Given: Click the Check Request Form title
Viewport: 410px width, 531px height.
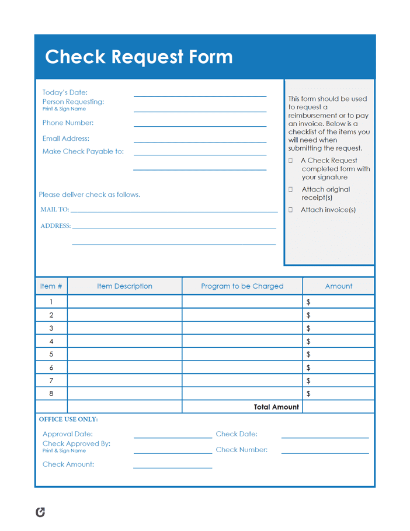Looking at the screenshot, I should click(139, 57).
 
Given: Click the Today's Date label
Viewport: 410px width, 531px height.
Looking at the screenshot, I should click(65, 92).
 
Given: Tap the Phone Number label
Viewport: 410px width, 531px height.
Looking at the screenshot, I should click(68, 123).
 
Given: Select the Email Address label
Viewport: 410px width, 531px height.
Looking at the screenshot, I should click(66, 138).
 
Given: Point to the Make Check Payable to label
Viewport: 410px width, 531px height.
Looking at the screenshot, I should click(83, 152).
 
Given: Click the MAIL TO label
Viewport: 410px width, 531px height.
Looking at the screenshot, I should click(54, 210).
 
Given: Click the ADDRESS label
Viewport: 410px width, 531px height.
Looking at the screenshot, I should click(55, 225).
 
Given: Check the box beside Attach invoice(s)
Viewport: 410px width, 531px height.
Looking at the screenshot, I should click(291, 210).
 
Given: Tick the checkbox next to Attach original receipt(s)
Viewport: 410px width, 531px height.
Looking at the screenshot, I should click(291, 189).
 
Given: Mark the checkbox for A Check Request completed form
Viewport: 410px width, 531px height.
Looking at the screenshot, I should click(291, 160).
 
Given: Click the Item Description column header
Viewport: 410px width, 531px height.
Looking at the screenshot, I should click(124, 286).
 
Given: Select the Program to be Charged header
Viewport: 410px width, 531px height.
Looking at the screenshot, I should click(242, 286).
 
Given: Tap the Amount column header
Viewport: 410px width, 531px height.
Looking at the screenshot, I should click(338, 286).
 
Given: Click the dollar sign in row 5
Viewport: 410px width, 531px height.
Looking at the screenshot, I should click(309, 354).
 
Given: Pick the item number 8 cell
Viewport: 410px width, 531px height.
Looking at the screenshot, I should click(51, 394).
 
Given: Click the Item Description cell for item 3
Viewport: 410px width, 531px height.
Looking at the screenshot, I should click(124, 328).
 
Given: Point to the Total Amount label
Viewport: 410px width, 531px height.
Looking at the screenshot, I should click(276, 407).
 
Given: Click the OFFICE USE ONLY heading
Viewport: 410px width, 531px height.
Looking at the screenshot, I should click(68, 419).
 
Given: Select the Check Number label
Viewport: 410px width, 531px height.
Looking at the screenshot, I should click(241, 450).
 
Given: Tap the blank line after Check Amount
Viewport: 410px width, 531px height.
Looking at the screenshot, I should click(172, 467).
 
